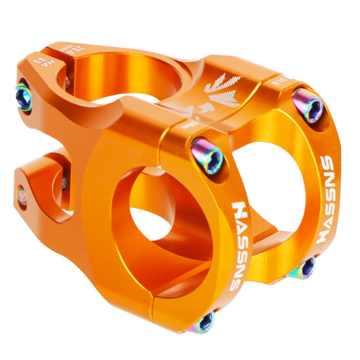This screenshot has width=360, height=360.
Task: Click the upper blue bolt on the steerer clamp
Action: [x=23, y=96]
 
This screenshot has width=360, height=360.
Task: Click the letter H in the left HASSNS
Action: [x=239, y=209]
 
